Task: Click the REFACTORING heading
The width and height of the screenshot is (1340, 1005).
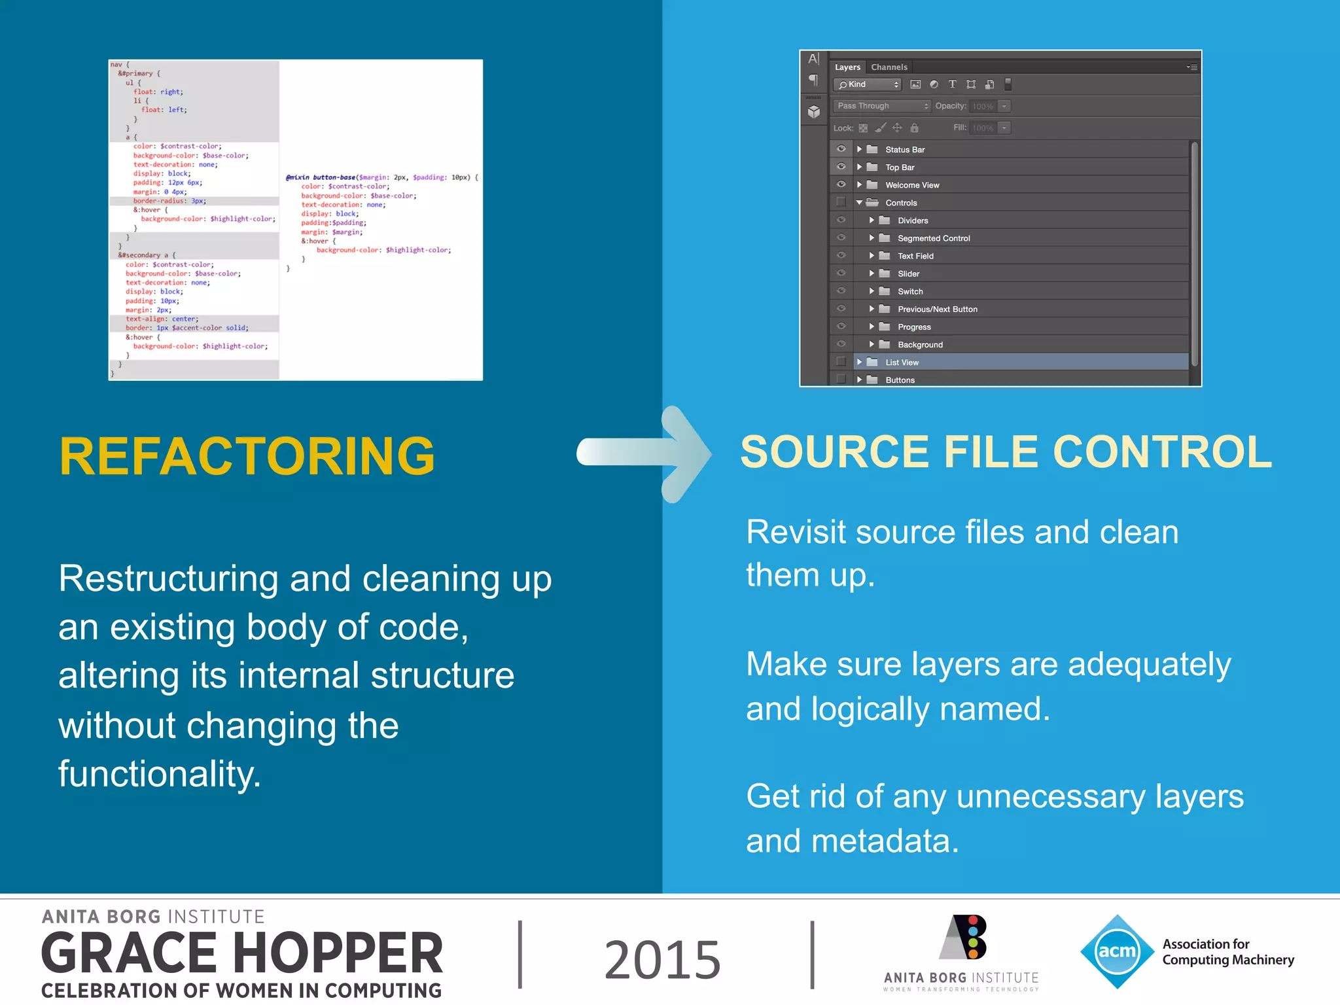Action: click(x=247, y=456)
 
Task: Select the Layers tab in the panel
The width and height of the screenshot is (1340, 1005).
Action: click(x=847, y=67)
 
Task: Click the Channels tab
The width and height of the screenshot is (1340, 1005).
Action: click(x=889, y=67)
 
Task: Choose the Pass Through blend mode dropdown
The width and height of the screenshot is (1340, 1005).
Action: click(x=881, y=106)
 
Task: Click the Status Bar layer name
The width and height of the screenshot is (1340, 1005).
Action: click(x=905, y=150)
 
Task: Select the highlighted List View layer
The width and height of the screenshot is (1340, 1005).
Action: click(x=902, y=362)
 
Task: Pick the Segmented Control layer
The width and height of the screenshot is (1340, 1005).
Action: click(x=933, y=238)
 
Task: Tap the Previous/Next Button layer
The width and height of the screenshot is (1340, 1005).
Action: click(x=937, y=309)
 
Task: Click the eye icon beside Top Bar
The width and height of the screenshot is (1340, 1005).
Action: click(x=841, y=167)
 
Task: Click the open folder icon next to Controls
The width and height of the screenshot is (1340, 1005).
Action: click(x=872, y=203)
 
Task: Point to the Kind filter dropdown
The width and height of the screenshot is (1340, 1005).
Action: click(x=867, y=84)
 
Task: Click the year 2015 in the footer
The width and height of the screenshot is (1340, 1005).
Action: click(x=662, y=959)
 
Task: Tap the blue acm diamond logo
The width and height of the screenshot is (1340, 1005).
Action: click(x=1117, y=951)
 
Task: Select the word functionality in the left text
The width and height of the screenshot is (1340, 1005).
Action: click(x=160, y=774)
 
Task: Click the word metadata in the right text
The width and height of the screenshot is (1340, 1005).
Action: click(x=885, y=841)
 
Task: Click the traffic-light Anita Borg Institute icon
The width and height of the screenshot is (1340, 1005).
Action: click(x=964, y=937)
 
